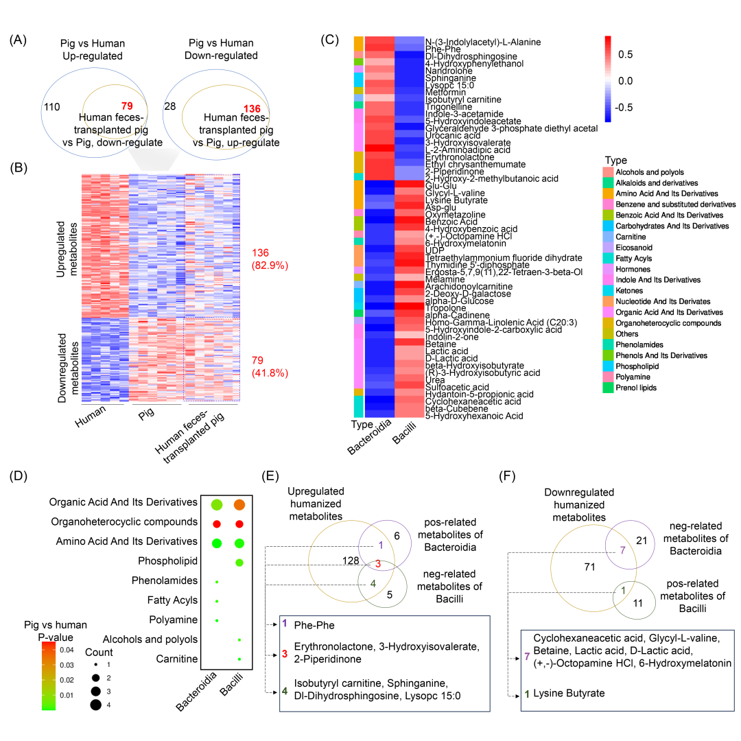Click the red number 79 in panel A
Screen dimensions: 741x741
click(x=126, y=106)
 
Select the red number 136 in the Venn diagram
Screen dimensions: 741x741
click(x=252, y=108)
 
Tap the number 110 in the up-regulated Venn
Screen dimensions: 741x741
click(x=52, y=108)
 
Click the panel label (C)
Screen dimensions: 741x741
click(x=330, y=39)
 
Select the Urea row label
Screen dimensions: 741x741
click(x=435, y=379)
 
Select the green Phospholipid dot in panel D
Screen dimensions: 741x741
click(x=239, y=563)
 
